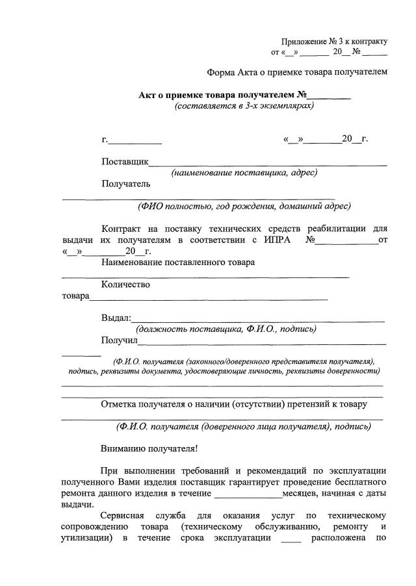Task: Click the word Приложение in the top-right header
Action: point(303,41)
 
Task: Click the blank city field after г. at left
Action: point(136,140)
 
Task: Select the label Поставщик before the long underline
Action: point(125,162)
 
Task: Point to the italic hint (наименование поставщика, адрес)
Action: point(244,173)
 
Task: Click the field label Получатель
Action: point(126,184)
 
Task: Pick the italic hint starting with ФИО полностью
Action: point(244,207)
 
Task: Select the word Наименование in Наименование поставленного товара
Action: point(132,262)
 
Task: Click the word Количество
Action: point(125,285)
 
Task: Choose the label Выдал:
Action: point(116,318)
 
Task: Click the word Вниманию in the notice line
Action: point(123,448)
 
